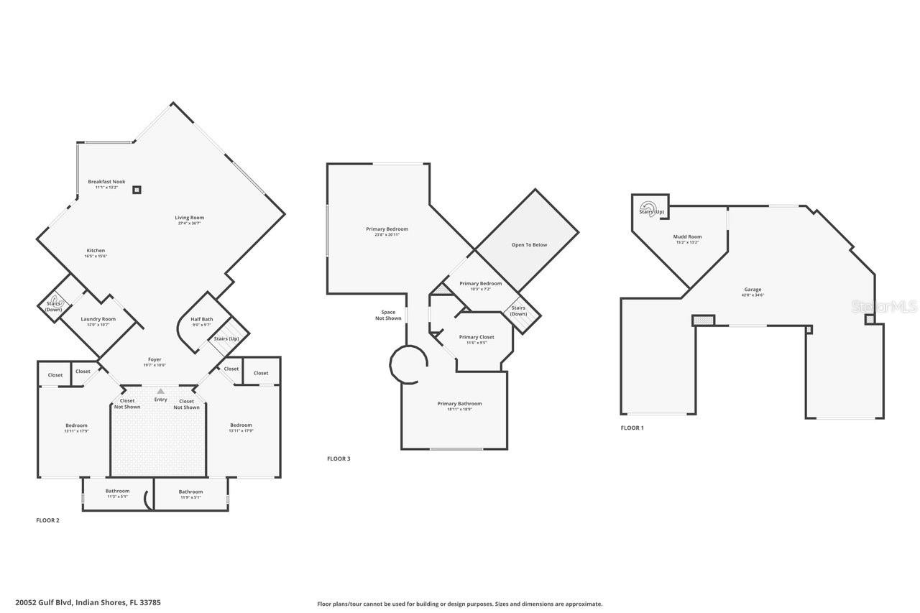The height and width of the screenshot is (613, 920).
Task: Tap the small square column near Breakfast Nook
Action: [x=137, y=190]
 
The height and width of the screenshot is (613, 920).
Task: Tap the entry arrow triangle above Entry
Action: [x=160, y=391]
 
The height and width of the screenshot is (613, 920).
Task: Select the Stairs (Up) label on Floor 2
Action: [x=226, y=338]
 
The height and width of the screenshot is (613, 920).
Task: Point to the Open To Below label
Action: [x=529, y=245]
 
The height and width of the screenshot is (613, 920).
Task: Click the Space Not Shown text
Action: [x=388, y=315]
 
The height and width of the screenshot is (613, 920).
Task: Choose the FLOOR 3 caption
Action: [x=339, y=458]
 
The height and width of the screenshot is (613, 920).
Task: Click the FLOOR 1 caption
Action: [x=632, y=428]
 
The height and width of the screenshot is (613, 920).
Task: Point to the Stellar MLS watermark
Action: [x=884, y=306]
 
